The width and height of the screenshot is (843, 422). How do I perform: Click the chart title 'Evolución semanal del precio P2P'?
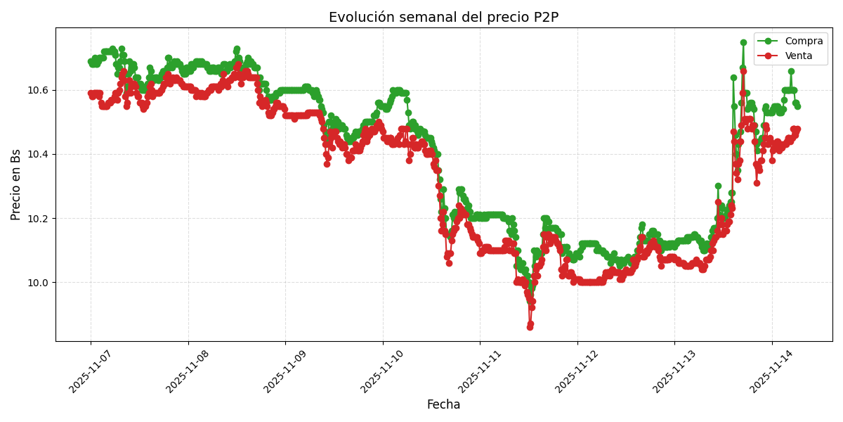coord(443,18)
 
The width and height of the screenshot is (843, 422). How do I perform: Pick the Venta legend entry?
coord(799,56)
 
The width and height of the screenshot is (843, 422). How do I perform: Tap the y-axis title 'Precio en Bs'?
coord(16,184)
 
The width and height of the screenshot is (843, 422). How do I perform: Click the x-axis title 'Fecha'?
coord(443,405)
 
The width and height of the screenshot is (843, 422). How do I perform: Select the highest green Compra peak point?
coord(743,42)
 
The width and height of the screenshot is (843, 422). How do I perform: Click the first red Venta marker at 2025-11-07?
coord(91,93)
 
